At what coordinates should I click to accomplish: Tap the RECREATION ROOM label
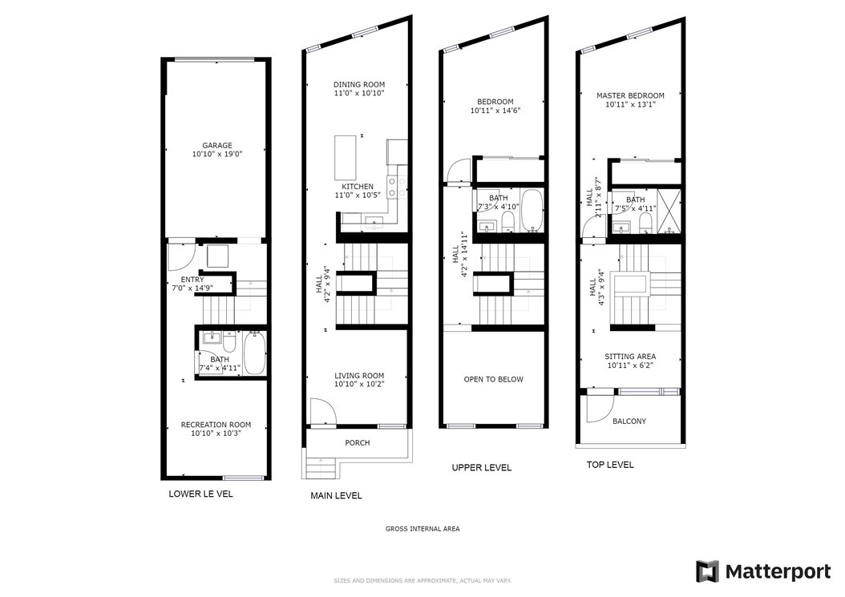(x=216, y=425)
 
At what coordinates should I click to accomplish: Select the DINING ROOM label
(x=359, y=85)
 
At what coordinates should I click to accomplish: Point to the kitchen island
(x=346, y=158)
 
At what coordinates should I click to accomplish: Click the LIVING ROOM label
(x=359, y=376)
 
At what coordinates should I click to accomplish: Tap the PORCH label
(x=358, y=442)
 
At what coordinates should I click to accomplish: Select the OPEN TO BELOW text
(x=493, y=379)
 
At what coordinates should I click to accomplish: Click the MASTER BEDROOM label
(x=630, y=96)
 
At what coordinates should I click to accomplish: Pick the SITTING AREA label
(x=630, y=357)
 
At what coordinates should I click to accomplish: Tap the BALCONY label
(x=629, y=421)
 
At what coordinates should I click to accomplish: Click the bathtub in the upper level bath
(x=532, y=211)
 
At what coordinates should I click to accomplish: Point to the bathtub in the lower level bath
(x=254, y=353)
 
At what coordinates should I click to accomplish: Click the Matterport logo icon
(x=706, y=571)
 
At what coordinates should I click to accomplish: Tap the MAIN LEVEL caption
(x=336, y=496)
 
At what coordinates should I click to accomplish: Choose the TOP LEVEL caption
(x=609, y=465)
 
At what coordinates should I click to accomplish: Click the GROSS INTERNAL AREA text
(x=422, y=529)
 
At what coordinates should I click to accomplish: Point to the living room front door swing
(x=321, y=412)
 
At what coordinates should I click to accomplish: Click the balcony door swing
(x=597, y=409)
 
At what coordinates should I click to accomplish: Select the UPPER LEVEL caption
(x=481, y=468)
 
